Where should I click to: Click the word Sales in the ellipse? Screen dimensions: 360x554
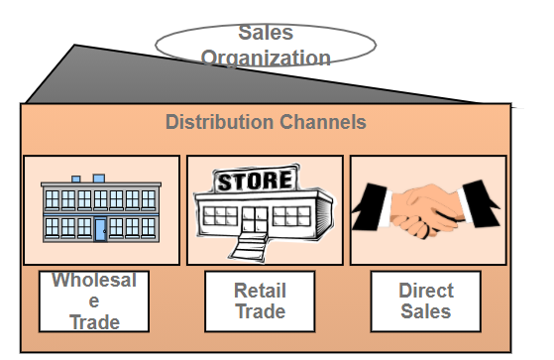(266, 34)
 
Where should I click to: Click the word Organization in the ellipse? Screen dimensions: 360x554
(266, 57)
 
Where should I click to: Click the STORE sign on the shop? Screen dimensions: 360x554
(255, 181)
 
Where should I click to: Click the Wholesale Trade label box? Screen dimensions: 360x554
(94, 301)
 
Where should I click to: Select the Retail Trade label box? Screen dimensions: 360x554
(260, 301)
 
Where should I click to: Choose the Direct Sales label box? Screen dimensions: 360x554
(425, 301)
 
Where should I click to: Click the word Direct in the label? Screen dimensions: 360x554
(425, 291)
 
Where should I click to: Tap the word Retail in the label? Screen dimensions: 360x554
(260, 291)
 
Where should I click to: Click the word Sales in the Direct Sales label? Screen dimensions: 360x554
(425, 311)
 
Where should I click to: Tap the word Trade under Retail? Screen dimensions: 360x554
(260, 311)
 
